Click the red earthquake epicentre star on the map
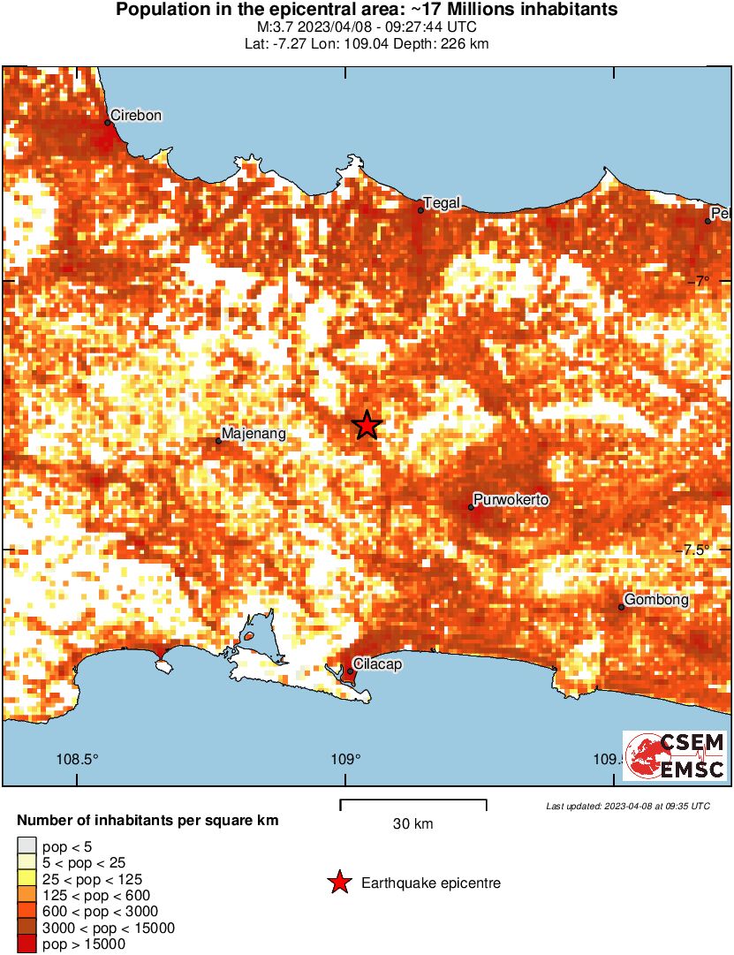click(x=367, y=425)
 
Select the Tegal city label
click(x=443, y=203)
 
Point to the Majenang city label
click(x=253, y=434)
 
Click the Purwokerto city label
click(x=511, y=500)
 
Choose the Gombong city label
click(x=656, y=600)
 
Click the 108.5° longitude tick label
click(x=78, y=759)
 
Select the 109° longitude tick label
click(x=345, y=759)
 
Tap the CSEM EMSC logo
click(x=675, y=755)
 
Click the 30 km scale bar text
click(x=412, y=824)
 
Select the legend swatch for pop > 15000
click(x=27, y=944)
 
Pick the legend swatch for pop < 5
click(x=27, y=847)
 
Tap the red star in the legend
click(x=338, y=883)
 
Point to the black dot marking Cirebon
click(x=108, y=123)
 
